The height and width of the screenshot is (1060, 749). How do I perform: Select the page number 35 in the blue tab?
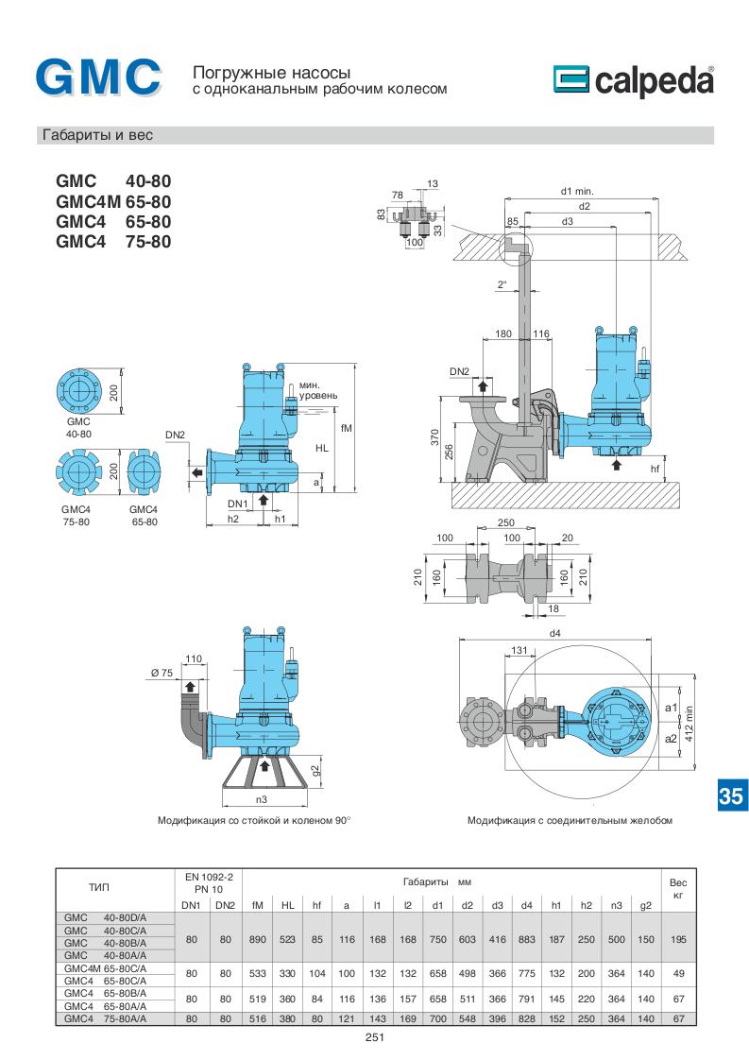[730, 795]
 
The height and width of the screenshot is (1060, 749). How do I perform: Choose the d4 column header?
[526, 906]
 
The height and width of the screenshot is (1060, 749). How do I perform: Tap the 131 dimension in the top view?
[518, 649]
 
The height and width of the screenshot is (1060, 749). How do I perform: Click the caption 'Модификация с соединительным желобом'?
[569, 821]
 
